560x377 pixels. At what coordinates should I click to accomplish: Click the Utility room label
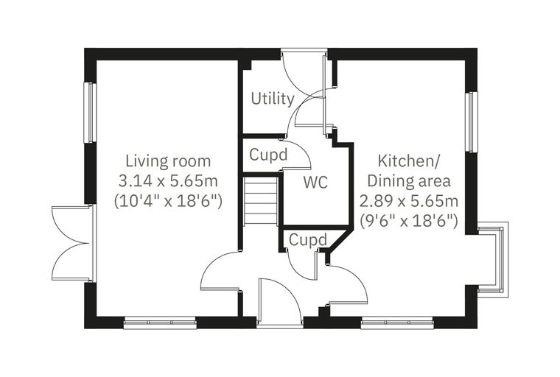point(273,99)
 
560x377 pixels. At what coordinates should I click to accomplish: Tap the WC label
point(315,183)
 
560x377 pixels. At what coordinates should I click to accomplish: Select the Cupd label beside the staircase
point(268,155)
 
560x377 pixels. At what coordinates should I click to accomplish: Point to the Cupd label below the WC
point(308,240)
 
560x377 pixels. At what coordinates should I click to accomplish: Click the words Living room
point(168,161)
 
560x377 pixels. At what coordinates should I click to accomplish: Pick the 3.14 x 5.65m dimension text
point(168,181)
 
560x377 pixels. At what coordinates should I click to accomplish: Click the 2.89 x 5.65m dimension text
point(409,201)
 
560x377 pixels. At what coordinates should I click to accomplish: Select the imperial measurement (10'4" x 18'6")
point(168,201)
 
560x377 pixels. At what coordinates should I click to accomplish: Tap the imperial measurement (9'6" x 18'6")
point(409,222)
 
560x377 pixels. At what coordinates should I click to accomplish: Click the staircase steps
point(261,201)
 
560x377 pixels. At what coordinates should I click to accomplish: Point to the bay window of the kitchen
point(493,259)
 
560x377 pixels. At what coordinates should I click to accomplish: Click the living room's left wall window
point(91,113)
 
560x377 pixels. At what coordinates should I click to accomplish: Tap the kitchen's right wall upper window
point(472,122)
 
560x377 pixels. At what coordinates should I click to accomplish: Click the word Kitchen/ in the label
point(409,161)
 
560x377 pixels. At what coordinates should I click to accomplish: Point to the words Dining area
point(409,181)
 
